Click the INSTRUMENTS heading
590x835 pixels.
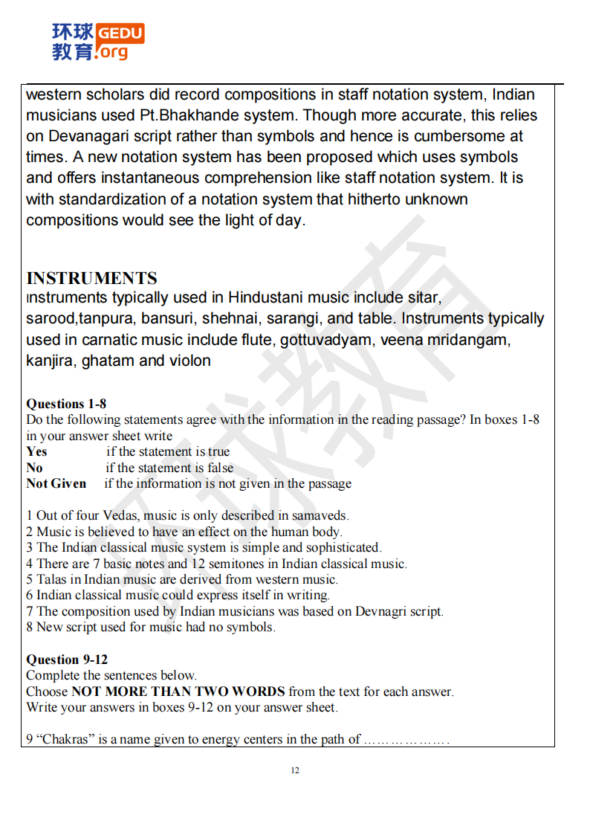click(91, 278)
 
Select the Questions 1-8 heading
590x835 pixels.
click(66, 404)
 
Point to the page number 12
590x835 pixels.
click(295, 770)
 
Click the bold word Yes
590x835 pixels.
click(36, 451)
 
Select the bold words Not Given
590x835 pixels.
click(56, 483)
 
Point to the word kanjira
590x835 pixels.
click(51, 361)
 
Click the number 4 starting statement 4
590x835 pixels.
click(30, 564)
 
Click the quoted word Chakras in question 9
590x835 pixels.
click(62, 739)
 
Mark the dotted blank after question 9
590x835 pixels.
click(406, 739)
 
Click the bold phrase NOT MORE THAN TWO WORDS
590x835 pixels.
click(178, 691)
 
